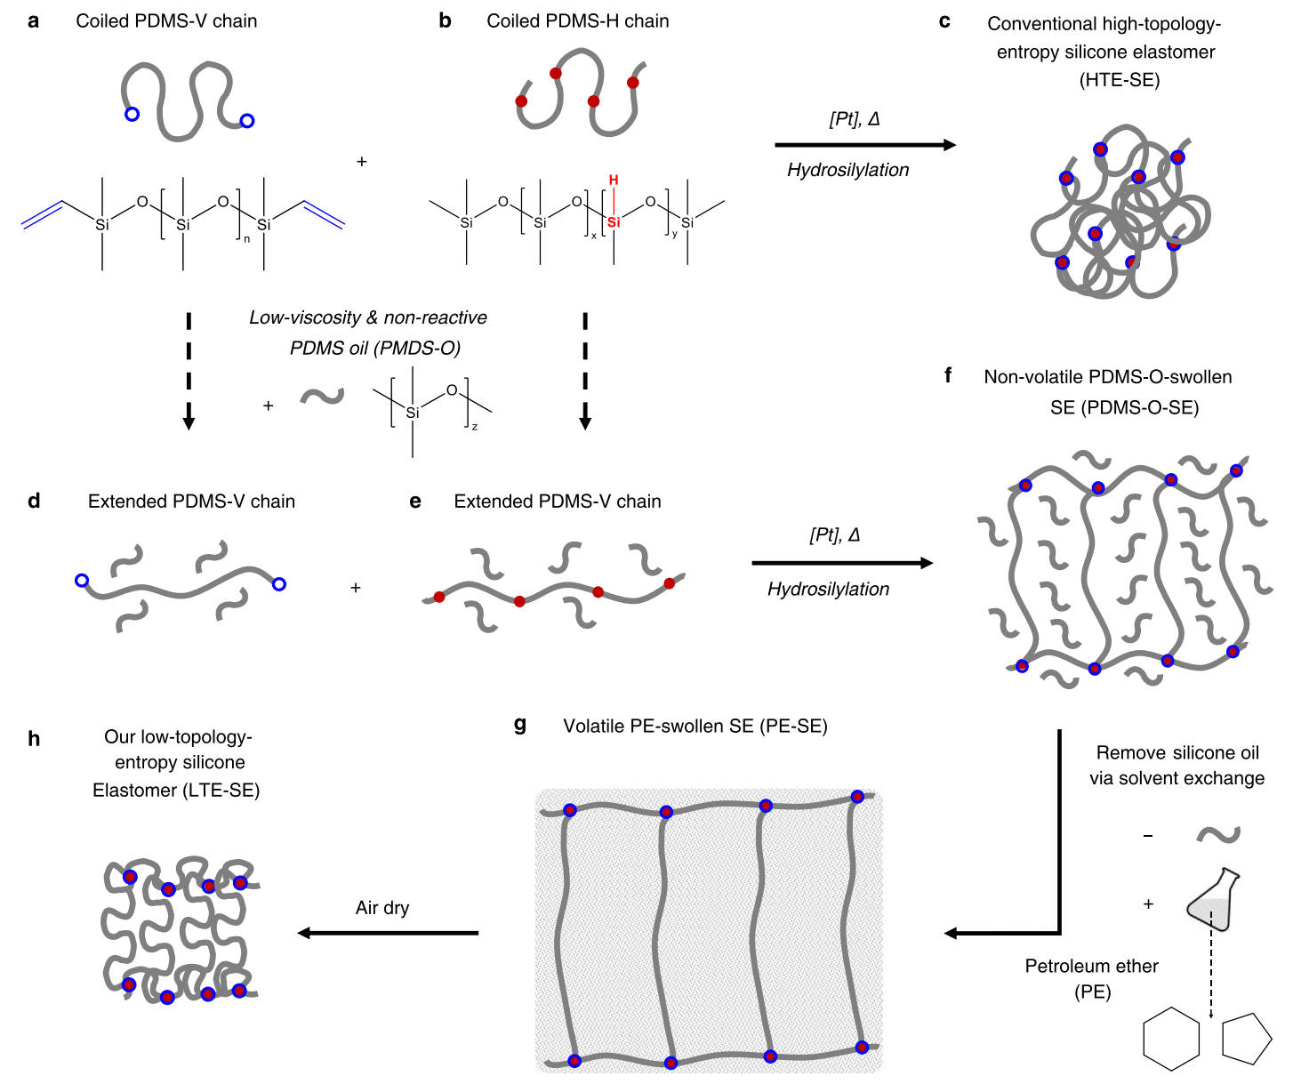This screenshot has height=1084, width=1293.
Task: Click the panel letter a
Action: [34, 21]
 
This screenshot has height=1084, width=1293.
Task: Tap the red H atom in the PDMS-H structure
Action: [614, 181]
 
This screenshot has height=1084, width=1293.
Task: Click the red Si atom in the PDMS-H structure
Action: [614, 222]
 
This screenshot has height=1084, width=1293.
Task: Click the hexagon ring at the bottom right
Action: [1170, 1039]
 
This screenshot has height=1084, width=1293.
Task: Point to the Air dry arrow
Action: [388, 933]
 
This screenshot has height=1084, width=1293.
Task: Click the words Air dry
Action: [382, 908]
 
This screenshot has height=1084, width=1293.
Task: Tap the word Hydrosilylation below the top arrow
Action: [847, 170]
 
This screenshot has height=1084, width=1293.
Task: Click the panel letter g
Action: [520, 725]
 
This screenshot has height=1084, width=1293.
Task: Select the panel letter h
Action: [34, 739]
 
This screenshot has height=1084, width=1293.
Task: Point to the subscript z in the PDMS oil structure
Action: [475, 427]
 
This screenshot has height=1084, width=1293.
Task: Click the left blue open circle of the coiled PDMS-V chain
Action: [132, 114]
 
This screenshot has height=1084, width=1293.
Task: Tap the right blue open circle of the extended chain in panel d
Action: [278, 584]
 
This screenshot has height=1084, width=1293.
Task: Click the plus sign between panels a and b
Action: [361, 162]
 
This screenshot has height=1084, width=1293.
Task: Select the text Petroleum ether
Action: [1091, 966]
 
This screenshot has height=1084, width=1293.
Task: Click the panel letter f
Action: [948, 376]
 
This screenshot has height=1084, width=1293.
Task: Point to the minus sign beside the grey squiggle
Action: [1148, 836]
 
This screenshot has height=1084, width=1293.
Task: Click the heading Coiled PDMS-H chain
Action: [577, 21]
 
